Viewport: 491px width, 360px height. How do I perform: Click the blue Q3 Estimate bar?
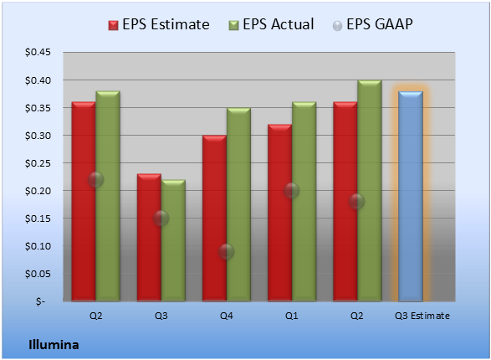(x=411, y=196)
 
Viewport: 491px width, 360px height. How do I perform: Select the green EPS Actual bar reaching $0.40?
(x=370, y=191)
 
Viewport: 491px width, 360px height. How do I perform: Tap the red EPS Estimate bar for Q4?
(x=214, y=218)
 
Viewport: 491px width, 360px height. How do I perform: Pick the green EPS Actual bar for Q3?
(x=173, y=240)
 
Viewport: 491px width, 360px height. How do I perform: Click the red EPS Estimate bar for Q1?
(x=279, y=213)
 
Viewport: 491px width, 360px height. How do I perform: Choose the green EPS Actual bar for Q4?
(x=238, y=204)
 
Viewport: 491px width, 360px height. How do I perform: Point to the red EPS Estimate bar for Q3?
(x=149, y=238)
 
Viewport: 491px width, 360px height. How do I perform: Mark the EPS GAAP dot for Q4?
(x=226, y=251)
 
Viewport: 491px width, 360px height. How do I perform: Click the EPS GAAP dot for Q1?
(x=292, y=191)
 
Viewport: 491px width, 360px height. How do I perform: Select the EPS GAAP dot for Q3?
(x=161, y=218)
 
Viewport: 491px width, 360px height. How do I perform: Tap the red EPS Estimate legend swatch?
(x=114, y=25)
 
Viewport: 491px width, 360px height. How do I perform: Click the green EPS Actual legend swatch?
(x=233, y=25)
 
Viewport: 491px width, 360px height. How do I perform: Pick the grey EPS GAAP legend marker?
(x=337, y=26)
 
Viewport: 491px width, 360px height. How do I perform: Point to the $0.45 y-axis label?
(x=38, y=52)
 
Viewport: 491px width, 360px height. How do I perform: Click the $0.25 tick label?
(x=38, y=163)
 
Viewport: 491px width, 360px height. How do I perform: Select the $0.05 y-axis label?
(x=38, y=274)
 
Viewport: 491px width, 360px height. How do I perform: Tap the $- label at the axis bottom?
(x=40, y=301)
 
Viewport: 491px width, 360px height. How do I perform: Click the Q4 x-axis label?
(x=227, y=316)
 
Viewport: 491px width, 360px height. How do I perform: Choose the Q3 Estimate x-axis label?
(x=422, y=316)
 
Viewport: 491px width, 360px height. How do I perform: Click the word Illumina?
(x=54, y=345)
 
